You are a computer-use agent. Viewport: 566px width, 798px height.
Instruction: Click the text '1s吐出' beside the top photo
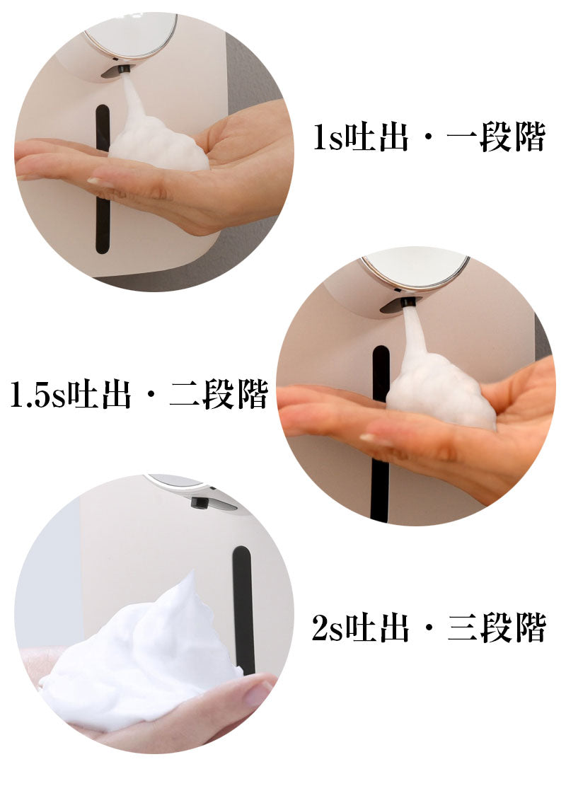coord(361,137)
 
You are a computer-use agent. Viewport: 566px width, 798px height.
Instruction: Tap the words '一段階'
coord(496,137)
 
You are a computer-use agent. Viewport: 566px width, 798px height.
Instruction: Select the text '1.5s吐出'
coord(71,394)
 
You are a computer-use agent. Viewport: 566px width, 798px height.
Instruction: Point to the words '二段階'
coord(219,394)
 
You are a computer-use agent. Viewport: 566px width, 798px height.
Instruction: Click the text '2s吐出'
coord(360,628)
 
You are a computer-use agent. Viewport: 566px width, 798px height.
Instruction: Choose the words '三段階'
coord(497,628)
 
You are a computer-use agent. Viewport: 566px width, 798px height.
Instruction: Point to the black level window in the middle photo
coord(381,432)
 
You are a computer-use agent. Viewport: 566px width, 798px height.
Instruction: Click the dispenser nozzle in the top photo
coord(122,68)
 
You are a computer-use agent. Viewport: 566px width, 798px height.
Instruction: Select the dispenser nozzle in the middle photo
coord(408,303)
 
